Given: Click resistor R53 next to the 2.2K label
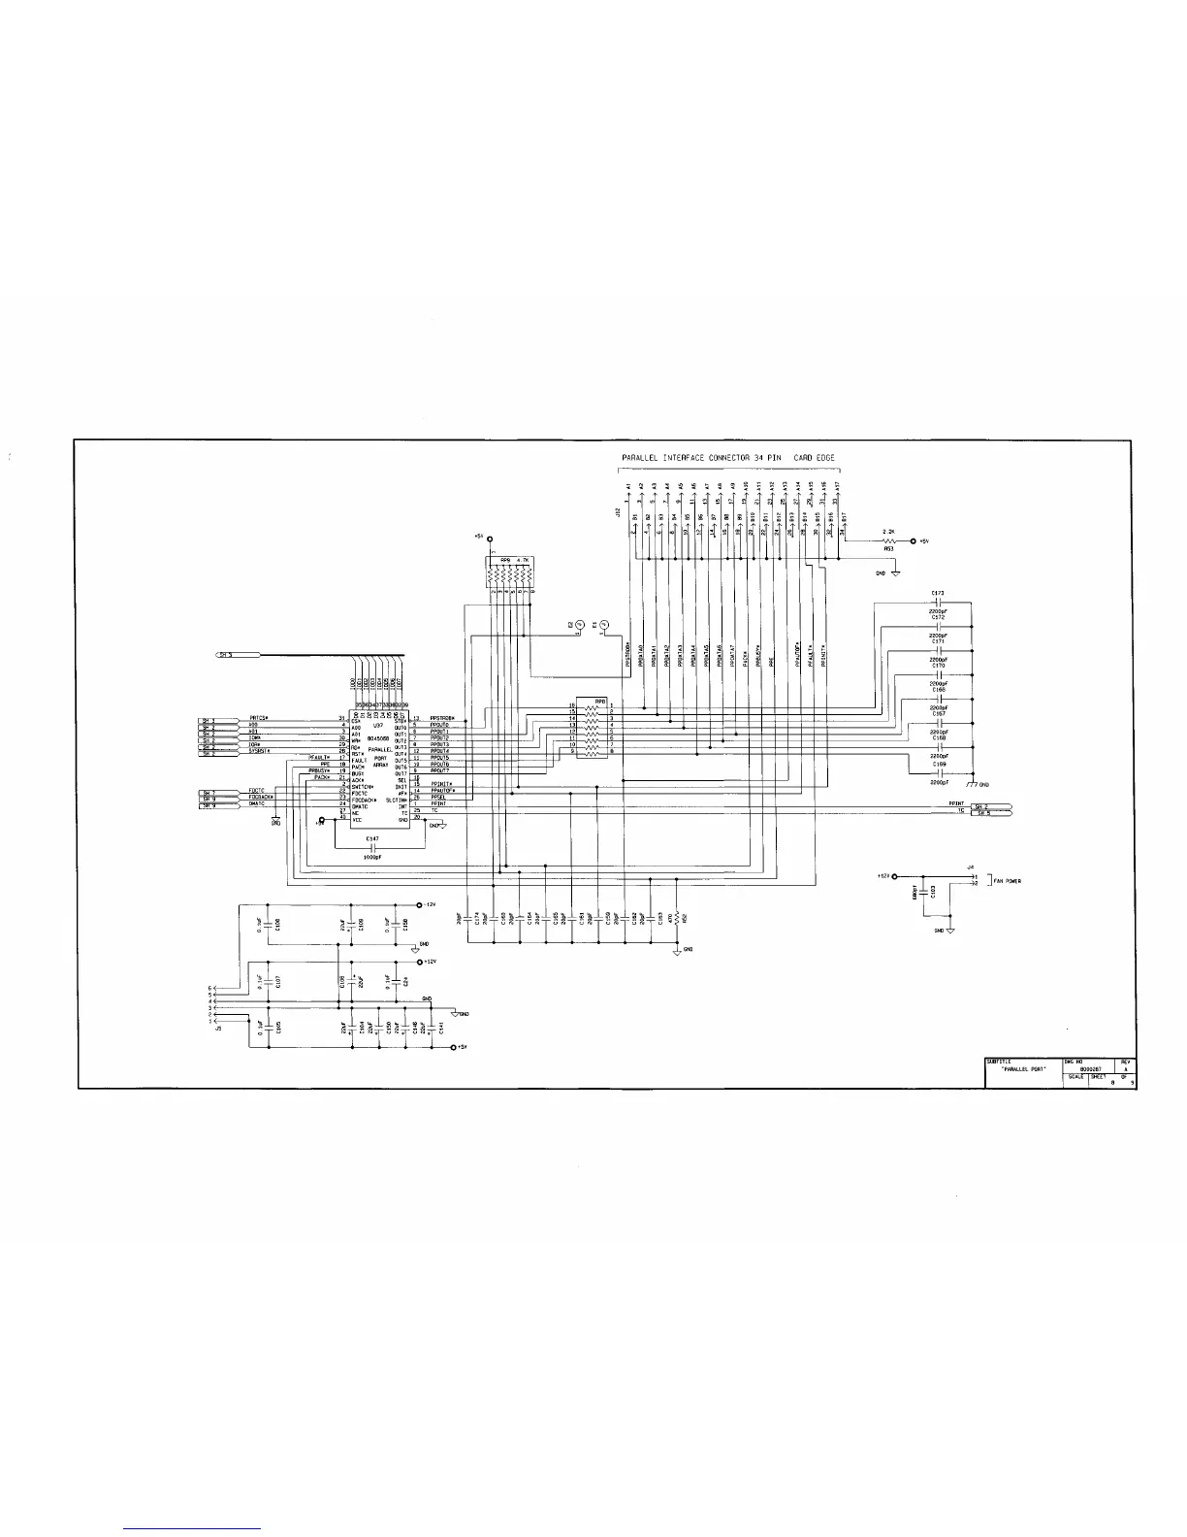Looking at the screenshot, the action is click(x=888, y=540).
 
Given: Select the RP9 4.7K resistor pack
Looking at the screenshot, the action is click(x=511, y=575).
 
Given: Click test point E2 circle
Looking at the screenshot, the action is click(x=579, y=625).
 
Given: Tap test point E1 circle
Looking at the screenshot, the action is click(x=604, y=625).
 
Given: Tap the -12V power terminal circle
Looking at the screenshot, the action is click(x=418, y=903).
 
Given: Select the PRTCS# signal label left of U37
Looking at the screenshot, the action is click(x=259, y=718).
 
